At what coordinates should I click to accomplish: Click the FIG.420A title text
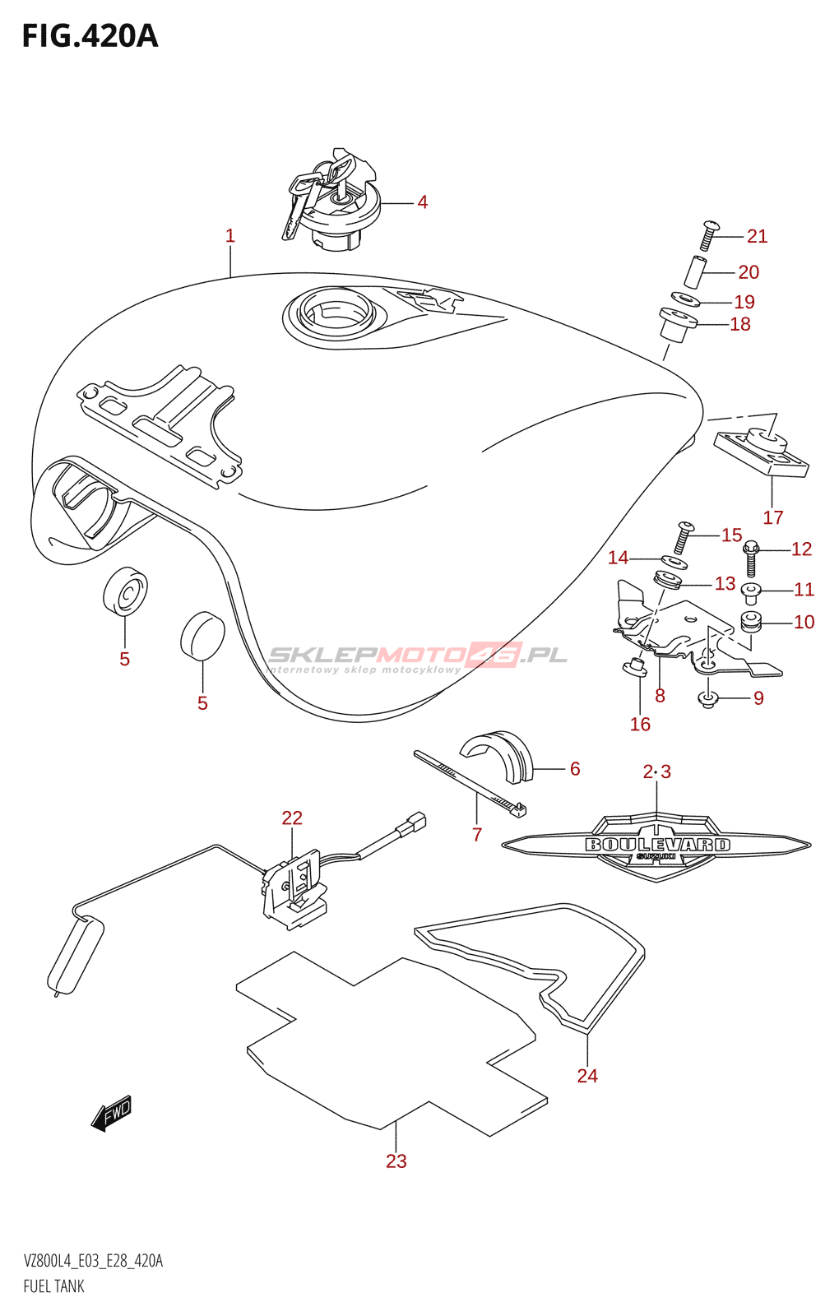[90, 36]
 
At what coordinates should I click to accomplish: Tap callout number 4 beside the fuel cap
[422, 202]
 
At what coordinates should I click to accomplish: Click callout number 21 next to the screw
[757, 237]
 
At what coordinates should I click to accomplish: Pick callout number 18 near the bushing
[740, 325]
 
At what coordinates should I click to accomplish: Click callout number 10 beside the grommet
[804, 623]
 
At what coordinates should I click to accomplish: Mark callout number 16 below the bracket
[640, 725]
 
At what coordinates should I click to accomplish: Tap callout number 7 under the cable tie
[477, 835]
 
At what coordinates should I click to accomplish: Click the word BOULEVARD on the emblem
[657, 845]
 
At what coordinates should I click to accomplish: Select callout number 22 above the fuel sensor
[292, 818]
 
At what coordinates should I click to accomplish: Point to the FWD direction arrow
[112, 1114]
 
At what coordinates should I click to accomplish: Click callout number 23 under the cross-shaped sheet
[396, 1161]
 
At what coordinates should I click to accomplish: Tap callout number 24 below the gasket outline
[587, 1076]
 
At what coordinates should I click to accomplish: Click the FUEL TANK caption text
[54, 1286]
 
